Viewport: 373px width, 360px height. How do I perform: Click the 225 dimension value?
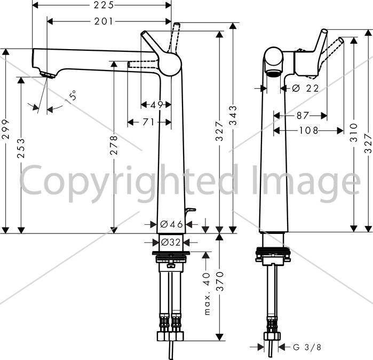click(x=104, y=5)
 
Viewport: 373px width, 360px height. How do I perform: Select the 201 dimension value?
click(x=104, y=22)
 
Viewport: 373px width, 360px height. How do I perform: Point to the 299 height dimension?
click(x=6, y=129)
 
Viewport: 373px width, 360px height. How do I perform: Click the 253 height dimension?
click(x=21, y=148)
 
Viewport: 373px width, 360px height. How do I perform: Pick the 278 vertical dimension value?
click(x=114, y=145)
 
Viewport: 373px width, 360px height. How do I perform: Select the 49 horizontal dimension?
click(x=157, y=105)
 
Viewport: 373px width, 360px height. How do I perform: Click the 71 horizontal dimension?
click(x=149, y=122)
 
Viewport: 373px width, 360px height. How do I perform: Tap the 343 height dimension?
click(x=233, y=115)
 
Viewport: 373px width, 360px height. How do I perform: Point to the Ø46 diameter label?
click(x=171, y=224)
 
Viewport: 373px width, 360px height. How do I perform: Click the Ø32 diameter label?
click(x=171, y=242)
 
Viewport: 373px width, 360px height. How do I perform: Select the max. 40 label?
click(x=207, y=294)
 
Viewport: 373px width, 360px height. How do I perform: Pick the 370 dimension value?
click(x=221, y=281)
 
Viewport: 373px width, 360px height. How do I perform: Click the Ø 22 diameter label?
click(x=305, y=89)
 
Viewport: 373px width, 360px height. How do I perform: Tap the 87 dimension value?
click(x=303, y=116)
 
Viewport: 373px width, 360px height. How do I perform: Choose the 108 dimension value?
click(x=308, y=130)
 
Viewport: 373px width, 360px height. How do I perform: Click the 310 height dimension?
click(x=354, y=132)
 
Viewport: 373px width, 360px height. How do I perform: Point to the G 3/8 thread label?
click(x=307, y=347)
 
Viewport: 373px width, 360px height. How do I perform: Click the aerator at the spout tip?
click(x=48, y=75)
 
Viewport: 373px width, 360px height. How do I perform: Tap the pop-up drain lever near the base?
click(x=190, y=210)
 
